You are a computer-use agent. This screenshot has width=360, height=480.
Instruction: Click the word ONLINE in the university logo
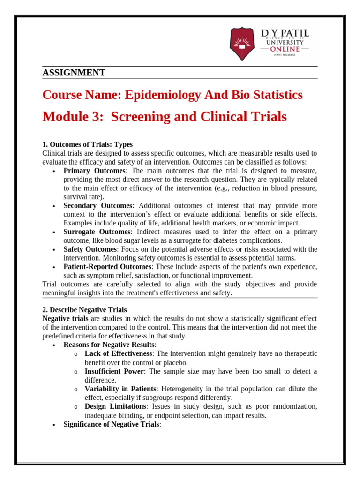[x=285, y=49]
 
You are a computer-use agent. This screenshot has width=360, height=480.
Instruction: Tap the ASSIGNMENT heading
[x=74, y=73]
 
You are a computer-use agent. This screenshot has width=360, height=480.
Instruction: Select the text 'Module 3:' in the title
[x=73, y=117]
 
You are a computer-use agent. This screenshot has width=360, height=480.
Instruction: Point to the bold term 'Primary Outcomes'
[x=94, y=171]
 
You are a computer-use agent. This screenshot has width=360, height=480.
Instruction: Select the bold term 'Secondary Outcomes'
[x=98, y=206]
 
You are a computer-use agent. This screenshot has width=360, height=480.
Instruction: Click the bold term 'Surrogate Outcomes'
[x=97, y=232]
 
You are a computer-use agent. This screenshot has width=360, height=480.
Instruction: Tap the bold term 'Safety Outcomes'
[x=90, y=249]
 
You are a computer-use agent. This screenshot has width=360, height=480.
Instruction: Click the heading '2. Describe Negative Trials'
[x=84, y=310]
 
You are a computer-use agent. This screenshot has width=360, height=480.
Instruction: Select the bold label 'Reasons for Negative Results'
[x=109, y=345]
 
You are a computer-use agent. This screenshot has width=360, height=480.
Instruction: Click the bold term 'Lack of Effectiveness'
[x=118, y=353]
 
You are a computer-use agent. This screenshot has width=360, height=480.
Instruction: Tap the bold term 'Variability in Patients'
[x=120, y=389]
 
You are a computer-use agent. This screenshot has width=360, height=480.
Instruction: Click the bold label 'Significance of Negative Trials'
[x=112, y=424]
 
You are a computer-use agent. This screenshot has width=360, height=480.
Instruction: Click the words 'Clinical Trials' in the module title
[x=244, y=117]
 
